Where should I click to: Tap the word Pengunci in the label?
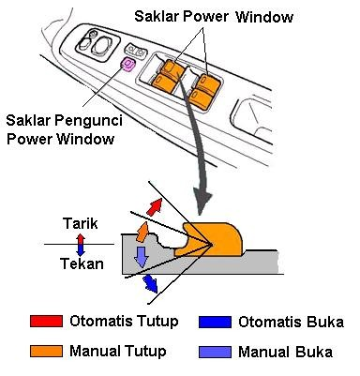[90, 121]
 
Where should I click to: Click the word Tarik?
[80, 225]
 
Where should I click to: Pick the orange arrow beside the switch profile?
[143, 230]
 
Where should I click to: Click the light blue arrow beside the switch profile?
[141, 257]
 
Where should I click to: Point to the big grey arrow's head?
[201, 199]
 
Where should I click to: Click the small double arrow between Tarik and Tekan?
[80, 245]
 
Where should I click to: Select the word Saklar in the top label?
[157, 17]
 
